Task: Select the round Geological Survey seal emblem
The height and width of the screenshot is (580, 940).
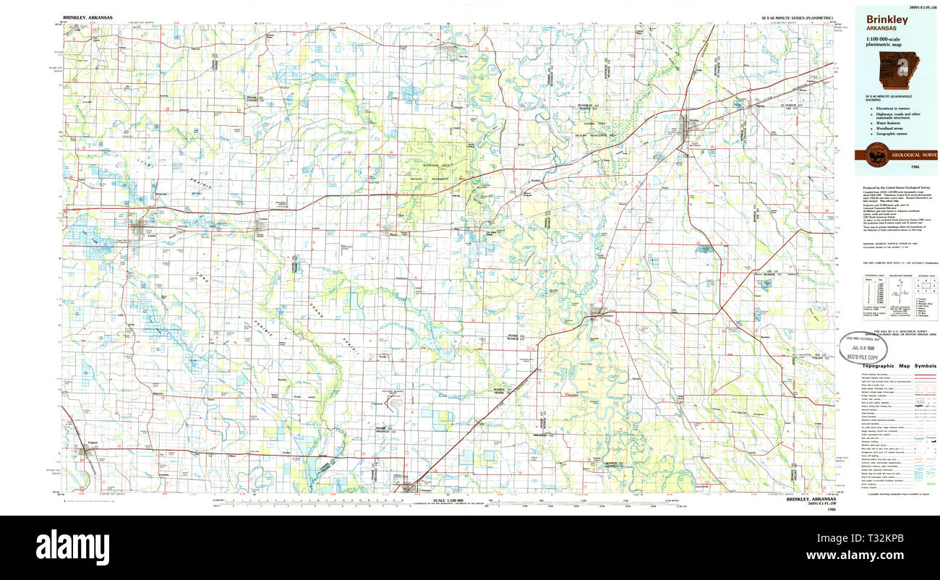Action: pyautogui.click(x=881, y=155)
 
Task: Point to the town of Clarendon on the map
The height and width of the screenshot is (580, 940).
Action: pyautogui.click(x=599, y=313)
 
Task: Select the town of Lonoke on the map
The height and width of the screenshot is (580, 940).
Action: pyautogui.click(x=140, y=229)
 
